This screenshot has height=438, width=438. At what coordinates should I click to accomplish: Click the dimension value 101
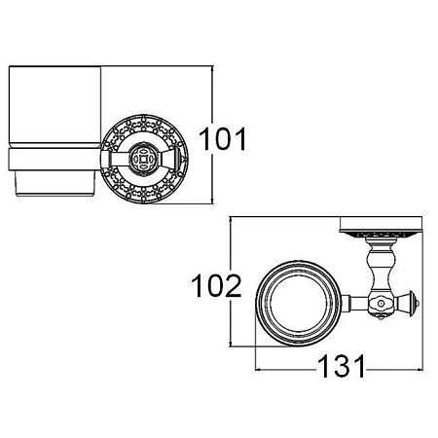click(x=223, y=139)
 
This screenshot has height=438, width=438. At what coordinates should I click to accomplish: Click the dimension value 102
click(x=216, y=286)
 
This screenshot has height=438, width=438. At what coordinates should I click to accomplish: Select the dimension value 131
click(x=342, y=366)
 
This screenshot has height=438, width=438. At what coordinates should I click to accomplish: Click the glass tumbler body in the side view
click(x=55, y=105)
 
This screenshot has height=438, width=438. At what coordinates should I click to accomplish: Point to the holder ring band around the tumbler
click(x=54, y=159)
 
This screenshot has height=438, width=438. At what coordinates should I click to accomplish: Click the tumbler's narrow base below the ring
click(x=55, y=183)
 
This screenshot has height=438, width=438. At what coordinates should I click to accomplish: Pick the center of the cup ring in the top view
click(x=299, y=304)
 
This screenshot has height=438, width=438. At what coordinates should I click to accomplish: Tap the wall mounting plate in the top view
click(x=381, y=225)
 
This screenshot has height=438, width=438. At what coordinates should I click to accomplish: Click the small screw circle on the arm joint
click(x=381, y=304)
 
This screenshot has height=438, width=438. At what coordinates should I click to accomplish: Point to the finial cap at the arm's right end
click(x=413, y=304)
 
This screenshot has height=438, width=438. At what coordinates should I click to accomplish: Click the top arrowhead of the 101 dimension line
click(x=212, y=69)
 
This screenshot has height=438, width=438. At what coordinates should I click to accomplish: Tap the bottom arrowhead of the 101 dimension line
click(x=212, y=201)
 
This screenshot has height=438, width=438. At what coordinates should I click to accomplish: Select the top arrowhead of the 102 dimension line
click(x=230, y=220)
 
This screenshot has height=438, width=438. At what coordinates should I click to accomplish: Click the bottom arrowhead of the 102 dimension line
click(x=230, y=344)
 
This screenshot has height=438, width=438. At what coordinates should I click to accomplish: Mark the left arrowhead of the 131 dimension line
click(x=259, y=369)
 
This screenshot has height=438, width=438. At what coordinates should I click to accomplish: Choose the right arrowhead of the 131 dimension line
click(x=420, y=369)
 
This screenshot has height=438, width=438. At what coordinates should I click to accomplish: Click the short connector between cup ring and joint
click(x=354, y=304)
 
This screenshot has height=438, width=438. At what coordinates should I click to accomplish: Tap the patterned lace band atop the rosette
click(x=144, y=125)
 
